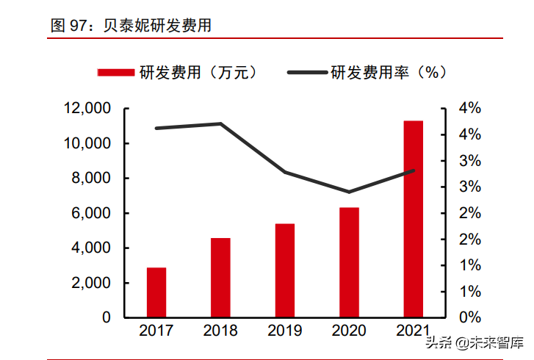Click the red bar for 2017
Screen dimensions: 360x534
[x=156, y=292]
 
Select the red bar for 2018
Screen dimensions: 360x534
[x=220, y=278]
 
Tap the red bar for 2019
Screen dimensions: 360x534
[x=284, y=270]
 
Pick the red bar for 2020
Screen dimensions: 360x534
[x=349, y=262]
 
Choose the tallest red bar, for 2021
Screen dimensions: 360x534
[x=413, y=219]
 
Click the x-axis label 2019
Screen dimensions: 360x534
[x=284, y=331]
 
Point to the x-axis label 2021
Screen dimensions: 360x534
[x=413, y=331]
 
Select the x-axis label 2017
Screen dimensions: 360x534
[x=156, y=331]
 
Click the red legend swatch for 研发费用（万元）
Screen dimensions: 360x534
[x=115, y=72]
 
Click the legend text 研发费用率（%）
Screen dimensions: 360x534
[x=389, y=72]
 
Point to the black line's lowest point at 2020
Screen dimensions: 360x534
[x=349, y=192]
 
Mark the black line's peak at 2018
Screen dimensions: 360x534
[x=220, y=123]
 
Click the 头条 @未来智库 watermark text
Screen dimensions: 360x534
[x=474, y=342]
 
